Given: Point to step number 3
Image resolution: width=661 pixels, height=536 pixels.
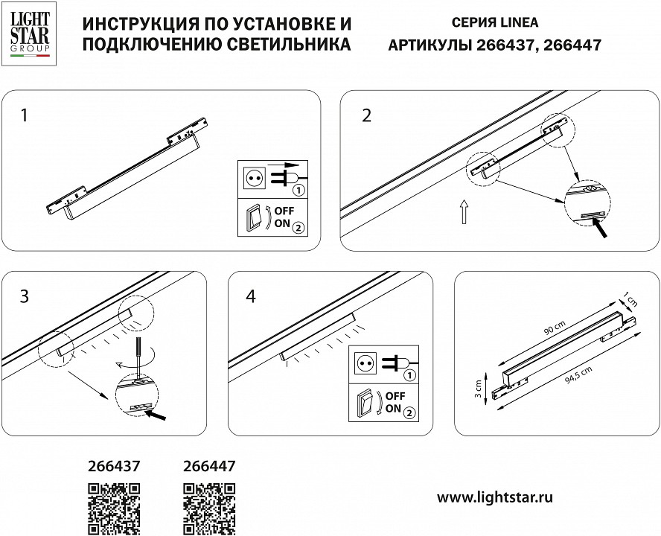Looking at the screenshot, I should (x=25, y=296).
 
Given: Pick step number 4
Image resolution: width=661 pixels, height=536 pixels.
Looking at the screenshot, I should (x=250, y=296).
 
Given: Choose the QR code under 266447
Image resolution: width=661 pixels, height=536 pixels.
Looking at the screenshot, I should (x=209, y=508).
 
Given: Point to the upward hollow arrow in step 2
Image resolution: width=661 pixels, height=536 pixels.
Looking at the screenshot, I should (x=463, y=211).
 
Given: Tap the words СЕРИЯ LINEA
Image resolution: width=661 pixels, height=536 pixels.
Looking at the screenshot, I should (x=494, y=23).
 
